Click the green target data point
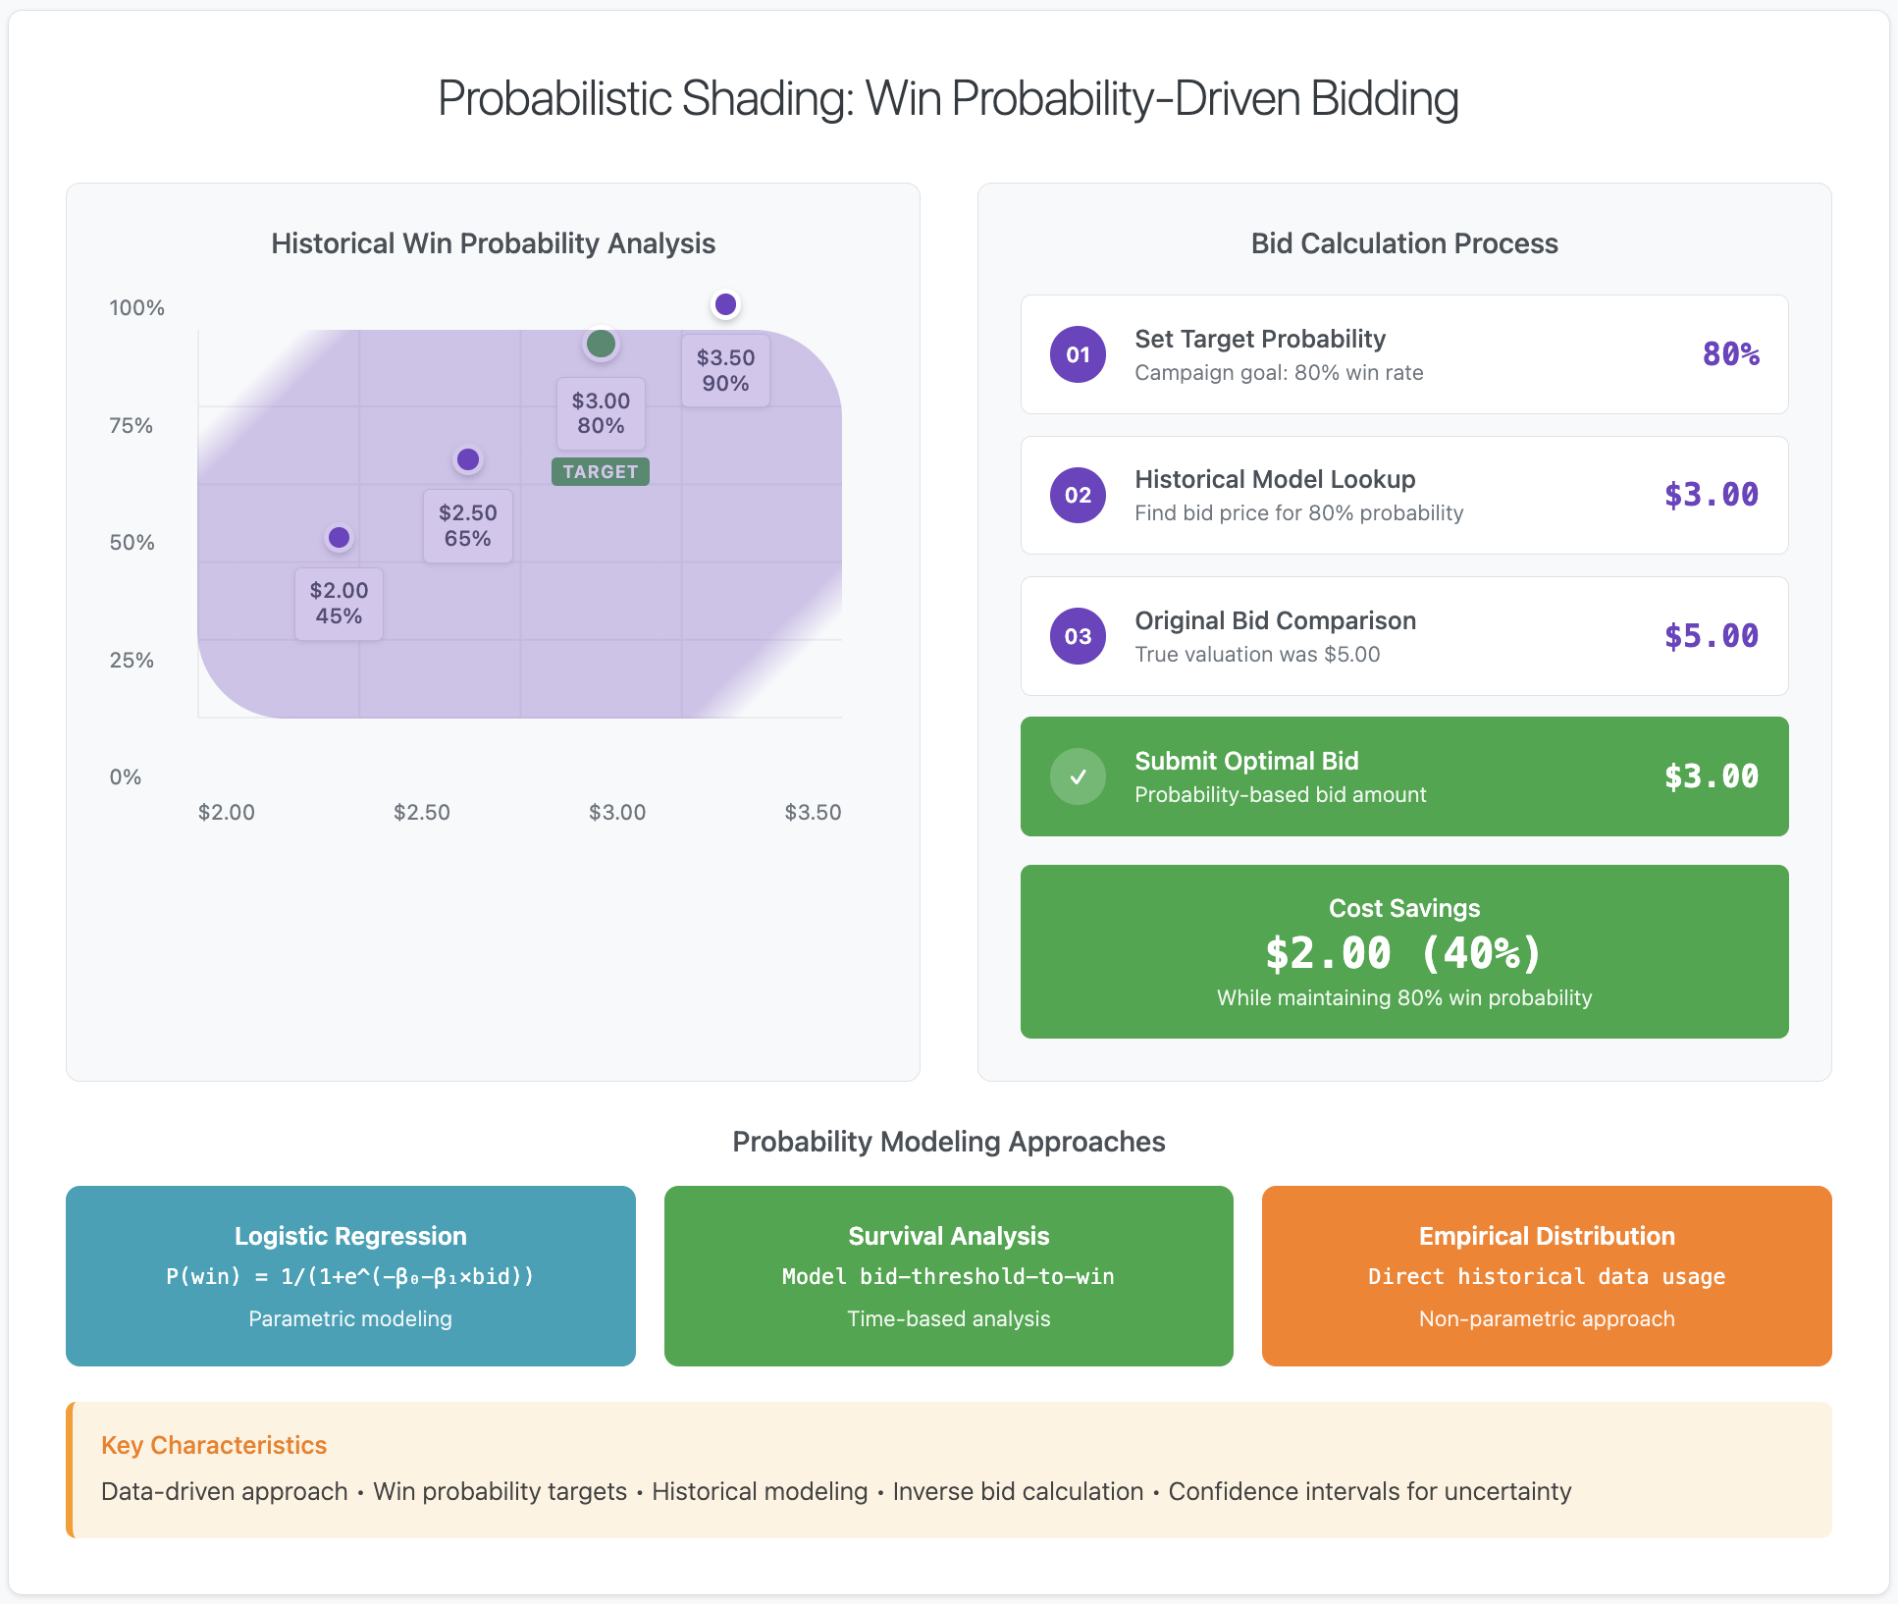601,344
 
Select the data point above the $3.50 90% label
725,304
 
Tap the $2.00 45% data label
339,604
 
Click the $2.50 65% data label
468,526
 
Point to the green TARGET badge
601,472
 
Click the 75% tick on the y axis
132,426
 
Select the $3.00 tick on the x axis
617,813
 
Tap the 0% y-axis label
126,777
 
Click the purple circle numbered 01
1078,354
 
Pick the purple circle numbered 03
1078,636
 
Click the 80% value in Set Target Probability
1730,354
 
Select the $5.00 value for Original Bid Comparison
1711,636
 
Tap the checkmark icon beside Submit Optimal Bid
1078,776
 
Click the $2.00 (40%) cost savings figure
1403,953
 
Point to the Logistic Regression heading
350,1236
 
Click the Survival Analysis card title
949,1236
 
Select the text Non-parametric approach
1547,1319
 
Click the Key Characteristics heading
214,1445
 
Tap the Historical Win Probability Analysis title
493,243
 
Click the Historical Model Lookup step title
1275,479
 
